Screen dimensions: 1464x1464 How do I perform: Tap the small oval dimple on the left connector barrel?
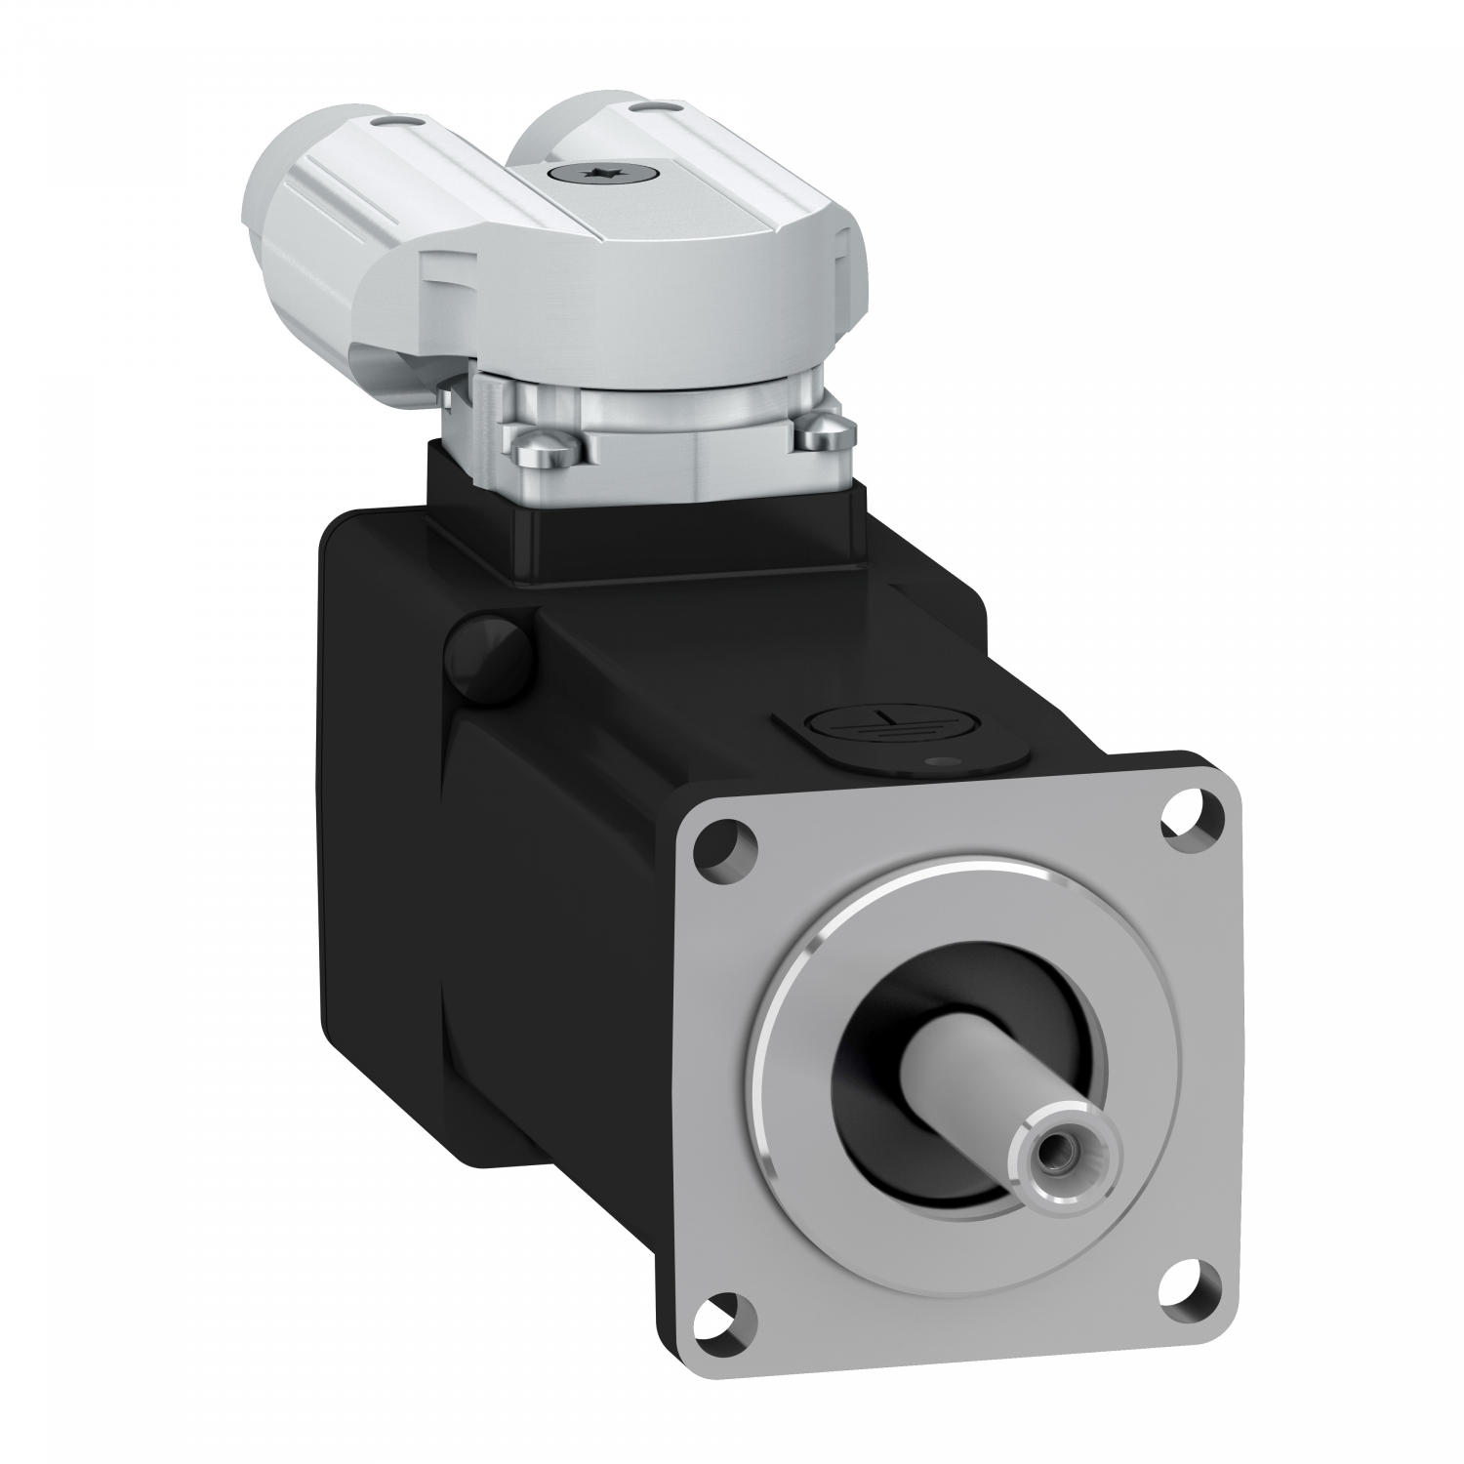[x=398, y=122]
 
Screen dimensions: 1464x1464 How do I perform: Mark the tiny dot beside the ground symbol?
[x=942, y=761]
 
